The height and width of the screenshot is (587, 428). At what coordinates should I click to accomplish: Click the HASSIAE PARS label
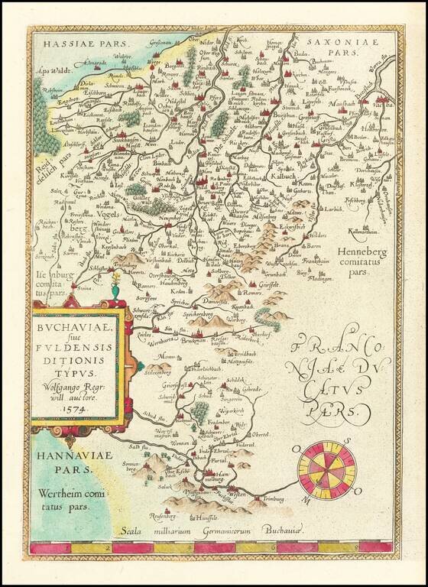(x=73, y=45)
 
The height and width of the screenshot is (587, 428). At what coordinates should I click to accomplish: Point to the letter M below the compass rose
(x=307, y=499)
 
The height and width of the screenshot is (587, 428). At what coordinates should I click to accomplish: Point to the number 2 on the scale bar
(x=112, y=547)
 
